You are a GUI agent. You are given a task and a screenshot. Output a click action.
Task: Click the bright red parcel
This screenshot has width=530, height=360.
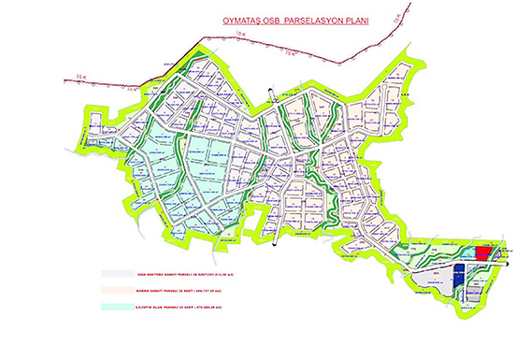(483, 252)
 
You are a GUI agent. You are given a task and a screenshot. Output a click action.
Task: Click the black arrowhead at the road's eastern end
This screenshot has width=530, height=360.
(509, 263)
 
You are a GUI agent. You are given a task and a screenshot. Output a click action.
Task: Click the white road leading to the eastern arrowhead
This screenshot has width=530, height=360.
(467, 262)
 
